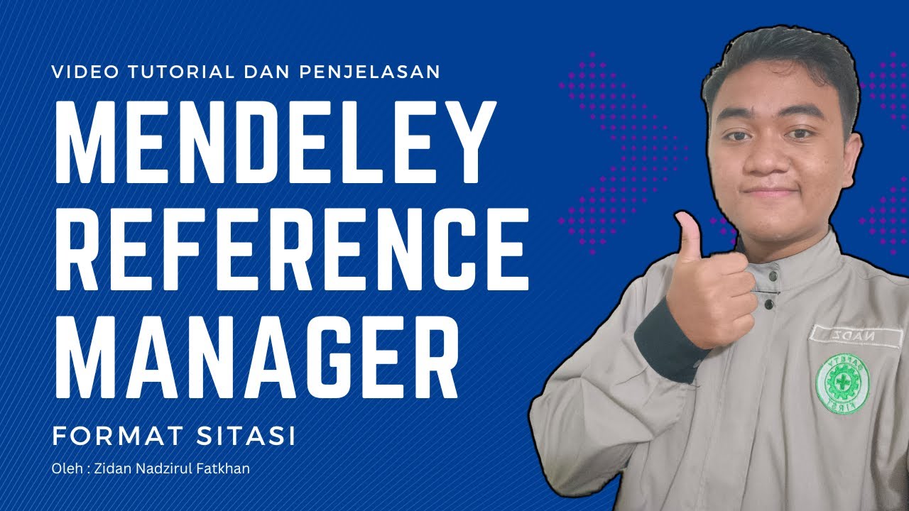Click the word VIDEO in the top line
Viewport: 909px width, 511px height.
pos(81,72)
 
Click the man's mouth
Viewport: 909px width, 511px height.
pos(768,193)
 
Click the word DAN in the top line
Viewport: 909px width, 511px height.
pos(259,72)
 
